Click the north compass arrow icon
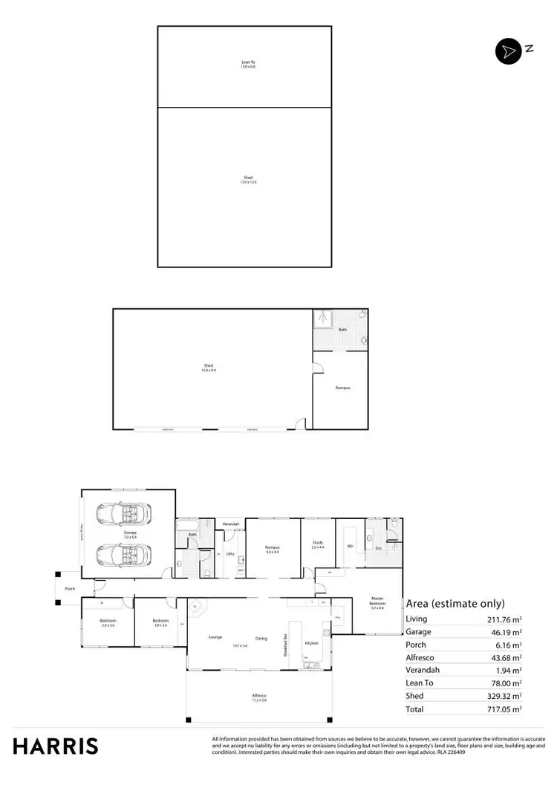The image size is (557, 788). point(509,51)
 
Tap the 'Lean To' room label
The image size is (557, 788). point(248,62)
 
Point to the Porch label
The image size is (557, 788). point(71,588)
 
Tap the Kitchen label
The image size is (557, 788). point(312,642)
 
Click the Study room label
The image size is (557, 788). point(317,543)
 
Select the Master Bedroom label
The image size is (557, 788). point(377,604)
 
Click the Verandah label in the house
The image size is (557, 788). point(232,525)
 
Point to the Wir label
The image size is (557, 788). point(349,547)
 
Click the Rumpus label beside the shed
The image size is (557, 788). point(342,388)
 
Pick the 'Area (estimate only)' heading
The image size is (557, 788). point(455,603)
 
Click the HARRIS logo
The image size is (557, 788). point(55,746)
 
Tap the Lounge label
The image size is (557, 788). point(215,637)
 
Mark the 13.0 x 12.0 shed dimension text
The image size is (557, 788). point(248,182)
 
